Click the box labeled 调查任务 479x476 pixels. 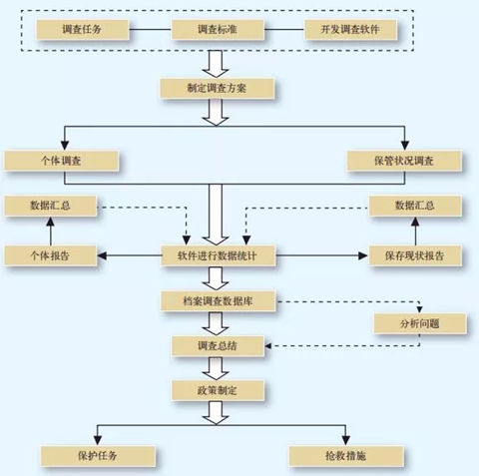pos(83,30)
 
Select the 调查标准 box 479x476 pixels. pos(218,30)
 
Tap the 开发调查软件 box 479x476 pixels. pos(350,30)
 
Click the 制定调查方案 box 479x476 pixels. pos(218,88)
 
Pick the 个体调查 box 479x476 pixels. pos(61,161)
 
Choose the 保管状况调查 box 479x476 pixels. pos(404,161)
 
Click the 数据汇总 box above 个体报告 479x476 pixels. pos(50,206)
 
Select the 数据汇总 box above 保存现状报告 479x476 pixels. pos(415,206)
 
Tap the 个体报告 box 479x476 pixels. pos(50,255)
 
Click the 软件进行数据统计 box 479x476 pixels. pos(219,255)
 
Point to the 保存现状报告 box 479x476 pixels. pos(415,255)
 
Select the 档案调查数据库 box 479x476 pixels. pos(219,301)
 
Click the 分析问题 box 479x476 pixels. pos(420,323)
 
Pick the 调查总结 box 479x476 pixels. pos(218,346)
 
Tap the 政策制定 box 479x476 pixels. pos(218,390)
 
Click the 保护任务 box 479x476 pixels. pos(98,456)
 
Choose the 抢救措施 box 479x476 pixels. pos(346,456)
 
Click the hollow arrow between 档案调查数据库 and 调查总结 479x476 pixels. pos(216,323)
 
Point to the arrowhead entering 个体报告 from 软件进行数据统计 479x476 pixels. pos(102,255)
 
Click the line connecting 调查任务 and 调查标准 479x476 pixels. pos(150,30)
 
